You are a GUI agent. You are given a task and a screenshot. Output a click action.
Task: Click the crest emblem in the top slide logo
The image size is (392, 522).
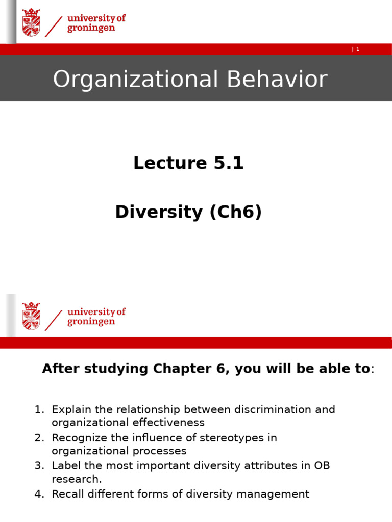tap(31, 22)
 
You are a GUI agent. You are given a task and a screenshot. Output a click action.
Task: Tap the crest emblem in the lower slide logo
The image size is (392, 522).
tap(31, 316)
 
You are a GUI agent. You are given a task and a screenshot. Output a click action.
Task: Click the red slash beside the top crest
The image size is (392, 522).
tap(53, 27)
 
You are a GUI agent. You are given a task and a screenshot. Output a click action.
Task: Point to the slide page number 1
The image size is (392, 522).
tap(358, 49)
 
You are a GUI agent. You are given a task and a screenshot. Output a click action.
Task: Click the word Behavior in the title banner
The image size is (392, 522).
tap(277, 80)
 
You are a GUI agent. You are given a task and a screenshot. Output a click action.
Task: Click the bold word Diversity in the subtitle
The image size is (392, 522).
tap(159, 212)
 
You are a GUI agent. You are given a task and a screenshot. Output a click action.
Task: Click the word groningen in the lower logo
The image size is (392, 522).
tap(91, 322)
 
